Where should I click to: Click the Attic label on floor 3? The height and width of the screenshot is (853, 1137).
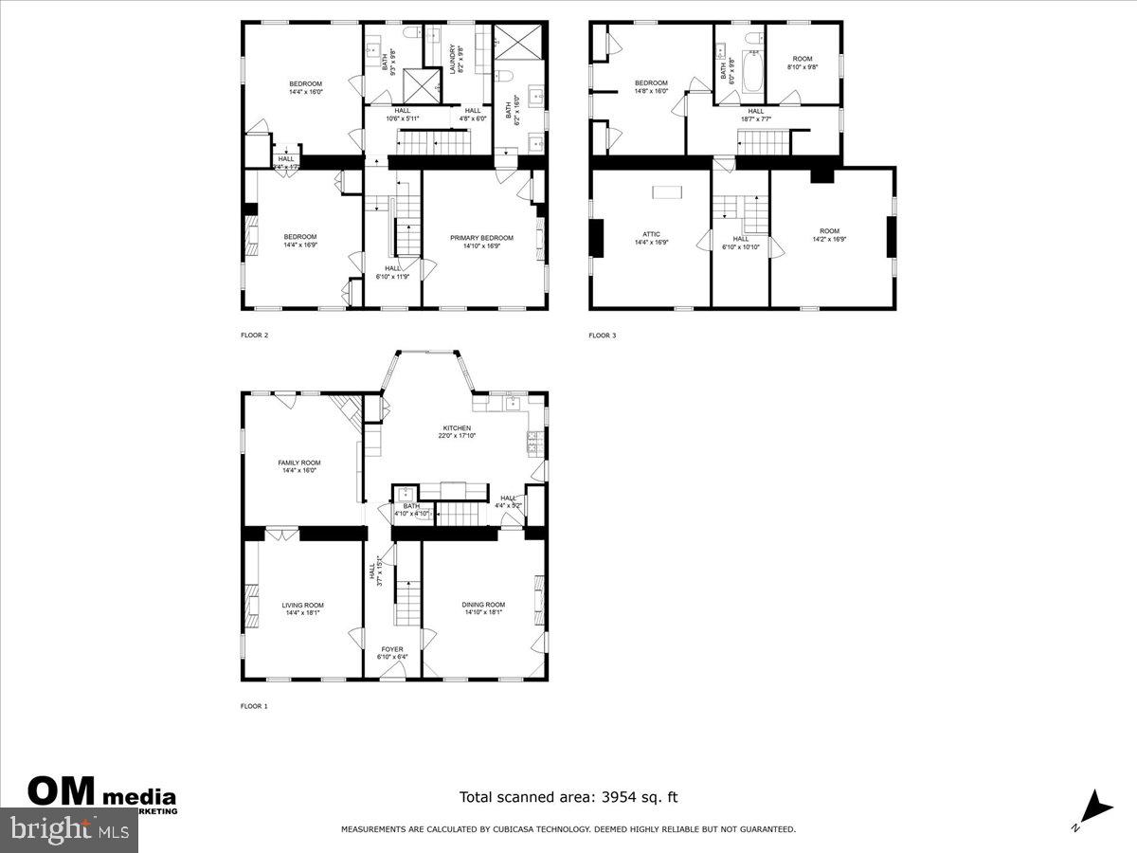(651, 238)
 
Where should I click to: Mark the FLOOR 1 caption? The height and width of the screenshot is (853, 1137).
(254, 706)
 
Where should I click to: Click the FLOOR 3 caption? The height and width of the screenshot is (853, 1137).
(602, 336)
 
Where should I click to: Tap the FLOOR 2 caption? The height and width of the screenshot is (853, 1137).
(254, 336)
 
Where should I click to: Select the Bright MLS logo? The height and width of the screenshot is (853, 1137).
(68, 830)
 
